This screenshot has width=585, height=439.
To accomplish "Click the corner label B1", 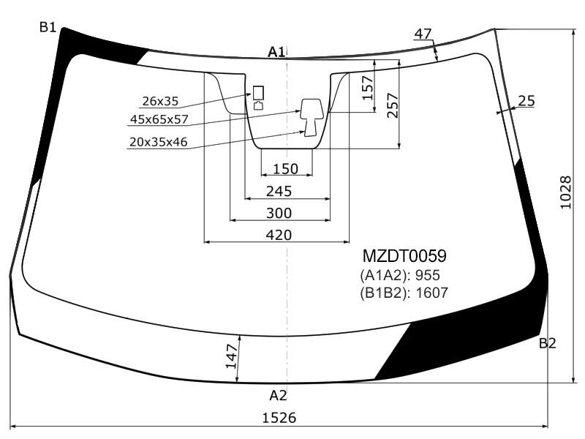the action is [48, 27].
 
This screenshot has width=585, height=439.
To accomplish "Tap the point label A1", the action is [276, 52].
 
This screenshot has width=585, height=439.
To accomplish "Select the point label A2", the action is [278, 395].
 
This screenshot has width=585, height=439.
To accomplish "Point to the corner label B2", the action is [547, 343].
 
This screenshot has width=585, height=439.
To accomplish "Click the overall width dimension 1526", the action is [279, 418].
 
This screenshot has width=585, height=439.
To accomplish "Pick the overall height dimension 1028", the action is [565, 192].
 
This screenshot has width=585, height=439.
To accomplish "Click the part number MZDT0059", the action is [404, 256].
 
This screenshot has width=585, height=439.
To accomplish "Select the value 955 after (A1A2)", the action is [428, 276].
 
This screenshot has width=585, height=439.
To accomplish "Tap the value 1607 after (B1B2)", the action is [431, 293].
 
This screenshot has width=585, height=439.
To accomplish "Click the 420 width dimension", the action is [279, 235].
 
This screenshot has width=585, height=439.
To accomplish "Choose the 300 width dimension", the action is [279, 213].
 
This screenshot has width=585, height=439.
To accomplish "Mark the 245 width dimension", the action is [279, 192].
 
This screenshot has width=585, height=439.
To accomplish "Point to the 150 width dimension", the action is [286, 169].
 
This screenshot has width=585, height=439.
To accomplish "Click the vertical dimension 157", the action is [368, 88].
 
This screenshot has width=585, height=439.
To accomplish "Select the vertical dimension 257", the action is [393, 105].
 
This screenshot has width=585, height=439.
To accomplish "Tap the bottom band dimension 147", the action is [232, 356].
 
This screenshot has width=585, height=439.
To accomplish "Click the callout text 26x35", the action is [160, 101].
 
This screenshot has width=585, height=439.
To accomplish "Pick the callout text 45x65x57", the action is [159, 119].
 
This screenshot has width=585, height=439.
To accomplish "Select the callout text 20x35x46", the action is [159, 142].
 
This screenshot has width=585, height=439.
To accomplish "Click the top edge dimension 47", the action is [423, 34].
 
